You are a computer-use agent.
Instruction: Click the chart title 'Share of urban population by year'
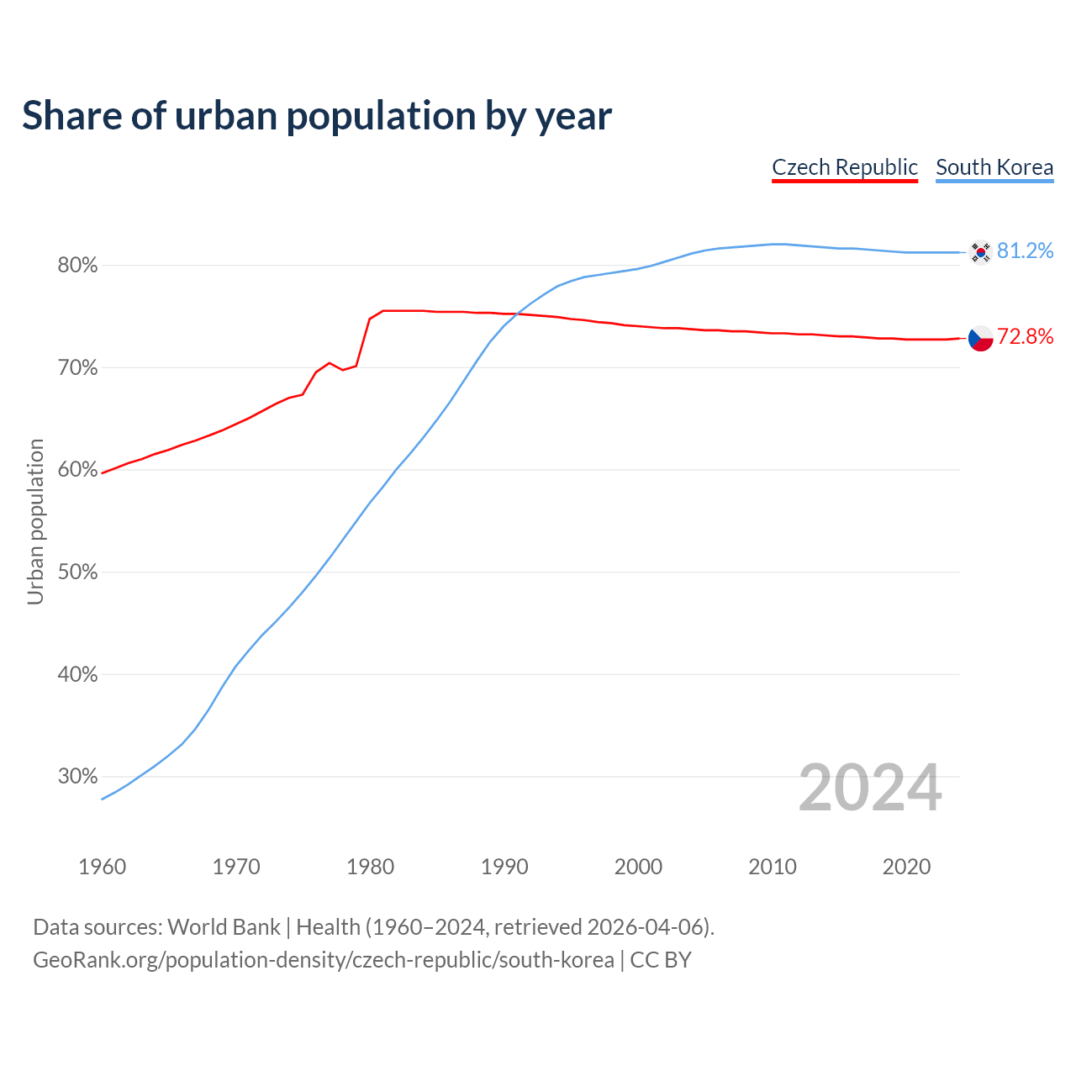(x=316, y=116)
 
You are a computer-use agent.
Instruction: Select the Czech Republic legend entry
(x=844, y=167)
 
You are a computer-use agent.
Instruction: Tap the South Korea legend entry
(x=994, y=167)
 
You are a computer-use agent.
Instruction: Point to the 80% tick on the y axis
(x=77, y=266)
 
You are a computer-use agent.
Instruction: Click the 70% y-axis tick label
(x=77, y=368)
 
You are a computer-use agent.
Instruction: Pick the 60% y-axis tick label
(x=77, y=470)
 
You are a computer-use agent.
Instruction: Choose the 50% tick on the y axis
(x=77, y=572)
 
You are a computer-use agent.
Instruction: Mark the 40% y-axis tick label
(x=77, y=675)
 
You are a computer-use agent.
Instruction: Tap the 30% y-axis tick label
(x=77, y=777)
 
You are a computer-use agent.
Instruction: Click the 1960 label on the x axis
(x=103, y=867)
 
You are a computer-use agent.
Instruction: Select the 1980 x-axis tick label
(x=371, y=867)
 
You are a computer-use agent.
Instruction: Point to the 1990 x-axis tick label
(x=504, y=867)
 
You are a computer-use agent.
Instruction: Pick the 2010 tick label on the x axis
(x=773, y=867)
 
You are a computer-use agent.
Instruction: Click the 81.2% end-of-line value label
(x=1025, y=251)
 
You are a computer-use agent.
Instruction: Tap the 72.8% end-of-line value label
(x=1025, y=337)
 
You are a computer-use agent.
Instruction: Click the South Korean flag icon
(x=980, y=252)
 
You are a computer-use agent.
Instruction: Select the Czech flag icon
(x=980, y=338)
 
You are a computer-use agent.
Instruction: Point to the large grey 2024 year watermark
(x=870, y=788)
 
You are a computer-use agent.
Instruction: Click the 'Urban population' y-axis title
(x=35, y=521)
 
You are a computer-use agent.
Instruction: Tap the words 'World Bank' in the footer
(x=224, y=927)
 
